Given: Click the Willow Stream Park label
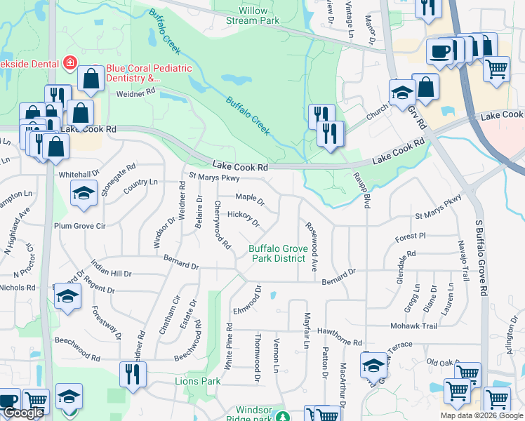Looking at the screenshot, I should click(x=253, y=15).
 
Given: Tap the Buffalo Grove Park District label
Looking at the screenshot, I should click(x=279, y=253).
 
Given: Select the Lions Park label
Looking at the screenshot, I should click(x=197, y=381).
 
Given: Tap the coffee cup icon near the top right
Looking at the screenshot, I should click(x=439, y=51).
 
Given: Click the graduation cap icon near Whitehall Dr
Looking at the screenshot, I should click(x=84, y=194).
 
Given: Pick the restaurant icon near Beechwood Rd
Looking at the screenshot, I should click(x=133, y=374).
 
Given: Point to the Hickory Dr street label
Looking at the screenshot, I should click(x=244, y=218).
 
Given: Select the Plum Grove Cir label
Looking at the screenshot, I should click(x=79, y=227).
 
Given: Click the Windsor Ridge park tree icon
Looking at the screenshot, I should click(x=283, y=416).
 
